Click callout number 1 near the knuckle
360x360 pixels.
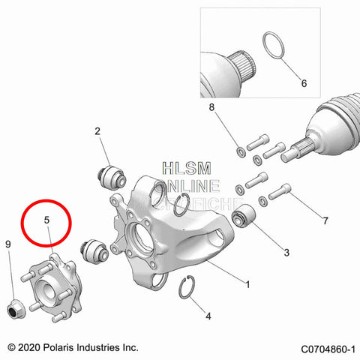pos(248,285)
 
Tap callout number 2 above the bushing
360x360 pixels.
pos(97,132)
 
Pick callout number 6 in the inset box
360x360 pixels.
pos(304,83)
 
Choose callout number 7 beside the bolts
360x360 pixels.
pos(325,221)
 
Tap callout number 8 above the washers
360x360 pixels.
pos(212,108)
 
